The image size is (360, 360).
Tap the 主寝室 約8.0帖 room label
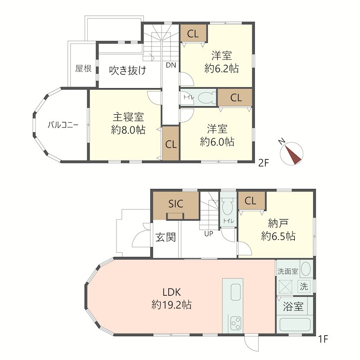(x=128, y=124)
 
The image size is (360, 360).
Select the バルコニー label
(x=63, y=125)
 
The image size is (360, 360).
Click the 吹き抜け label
(x=128, y=70)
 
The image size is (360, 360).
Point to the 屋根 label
(x=83, y=68)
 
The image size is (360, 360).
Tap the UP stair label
(x=208, y=234)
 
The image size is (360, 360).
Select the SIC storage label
(x=175, y=204)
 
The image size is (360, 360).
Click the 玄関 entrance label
(x=166, y=237)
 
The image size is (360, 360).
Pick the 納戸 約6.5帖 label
(x=278, y=229)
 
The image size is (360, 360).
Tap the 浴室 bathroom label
(x=293, y=307)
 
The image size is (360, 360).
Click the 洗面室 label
(x=288, y=271)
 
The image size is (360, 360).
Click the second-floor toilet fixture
(x=205, y=98)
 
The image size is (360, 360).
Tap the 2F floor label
(x=263, y=163)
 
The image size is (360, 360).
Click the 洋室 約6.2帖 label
(x=221, y=62)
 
